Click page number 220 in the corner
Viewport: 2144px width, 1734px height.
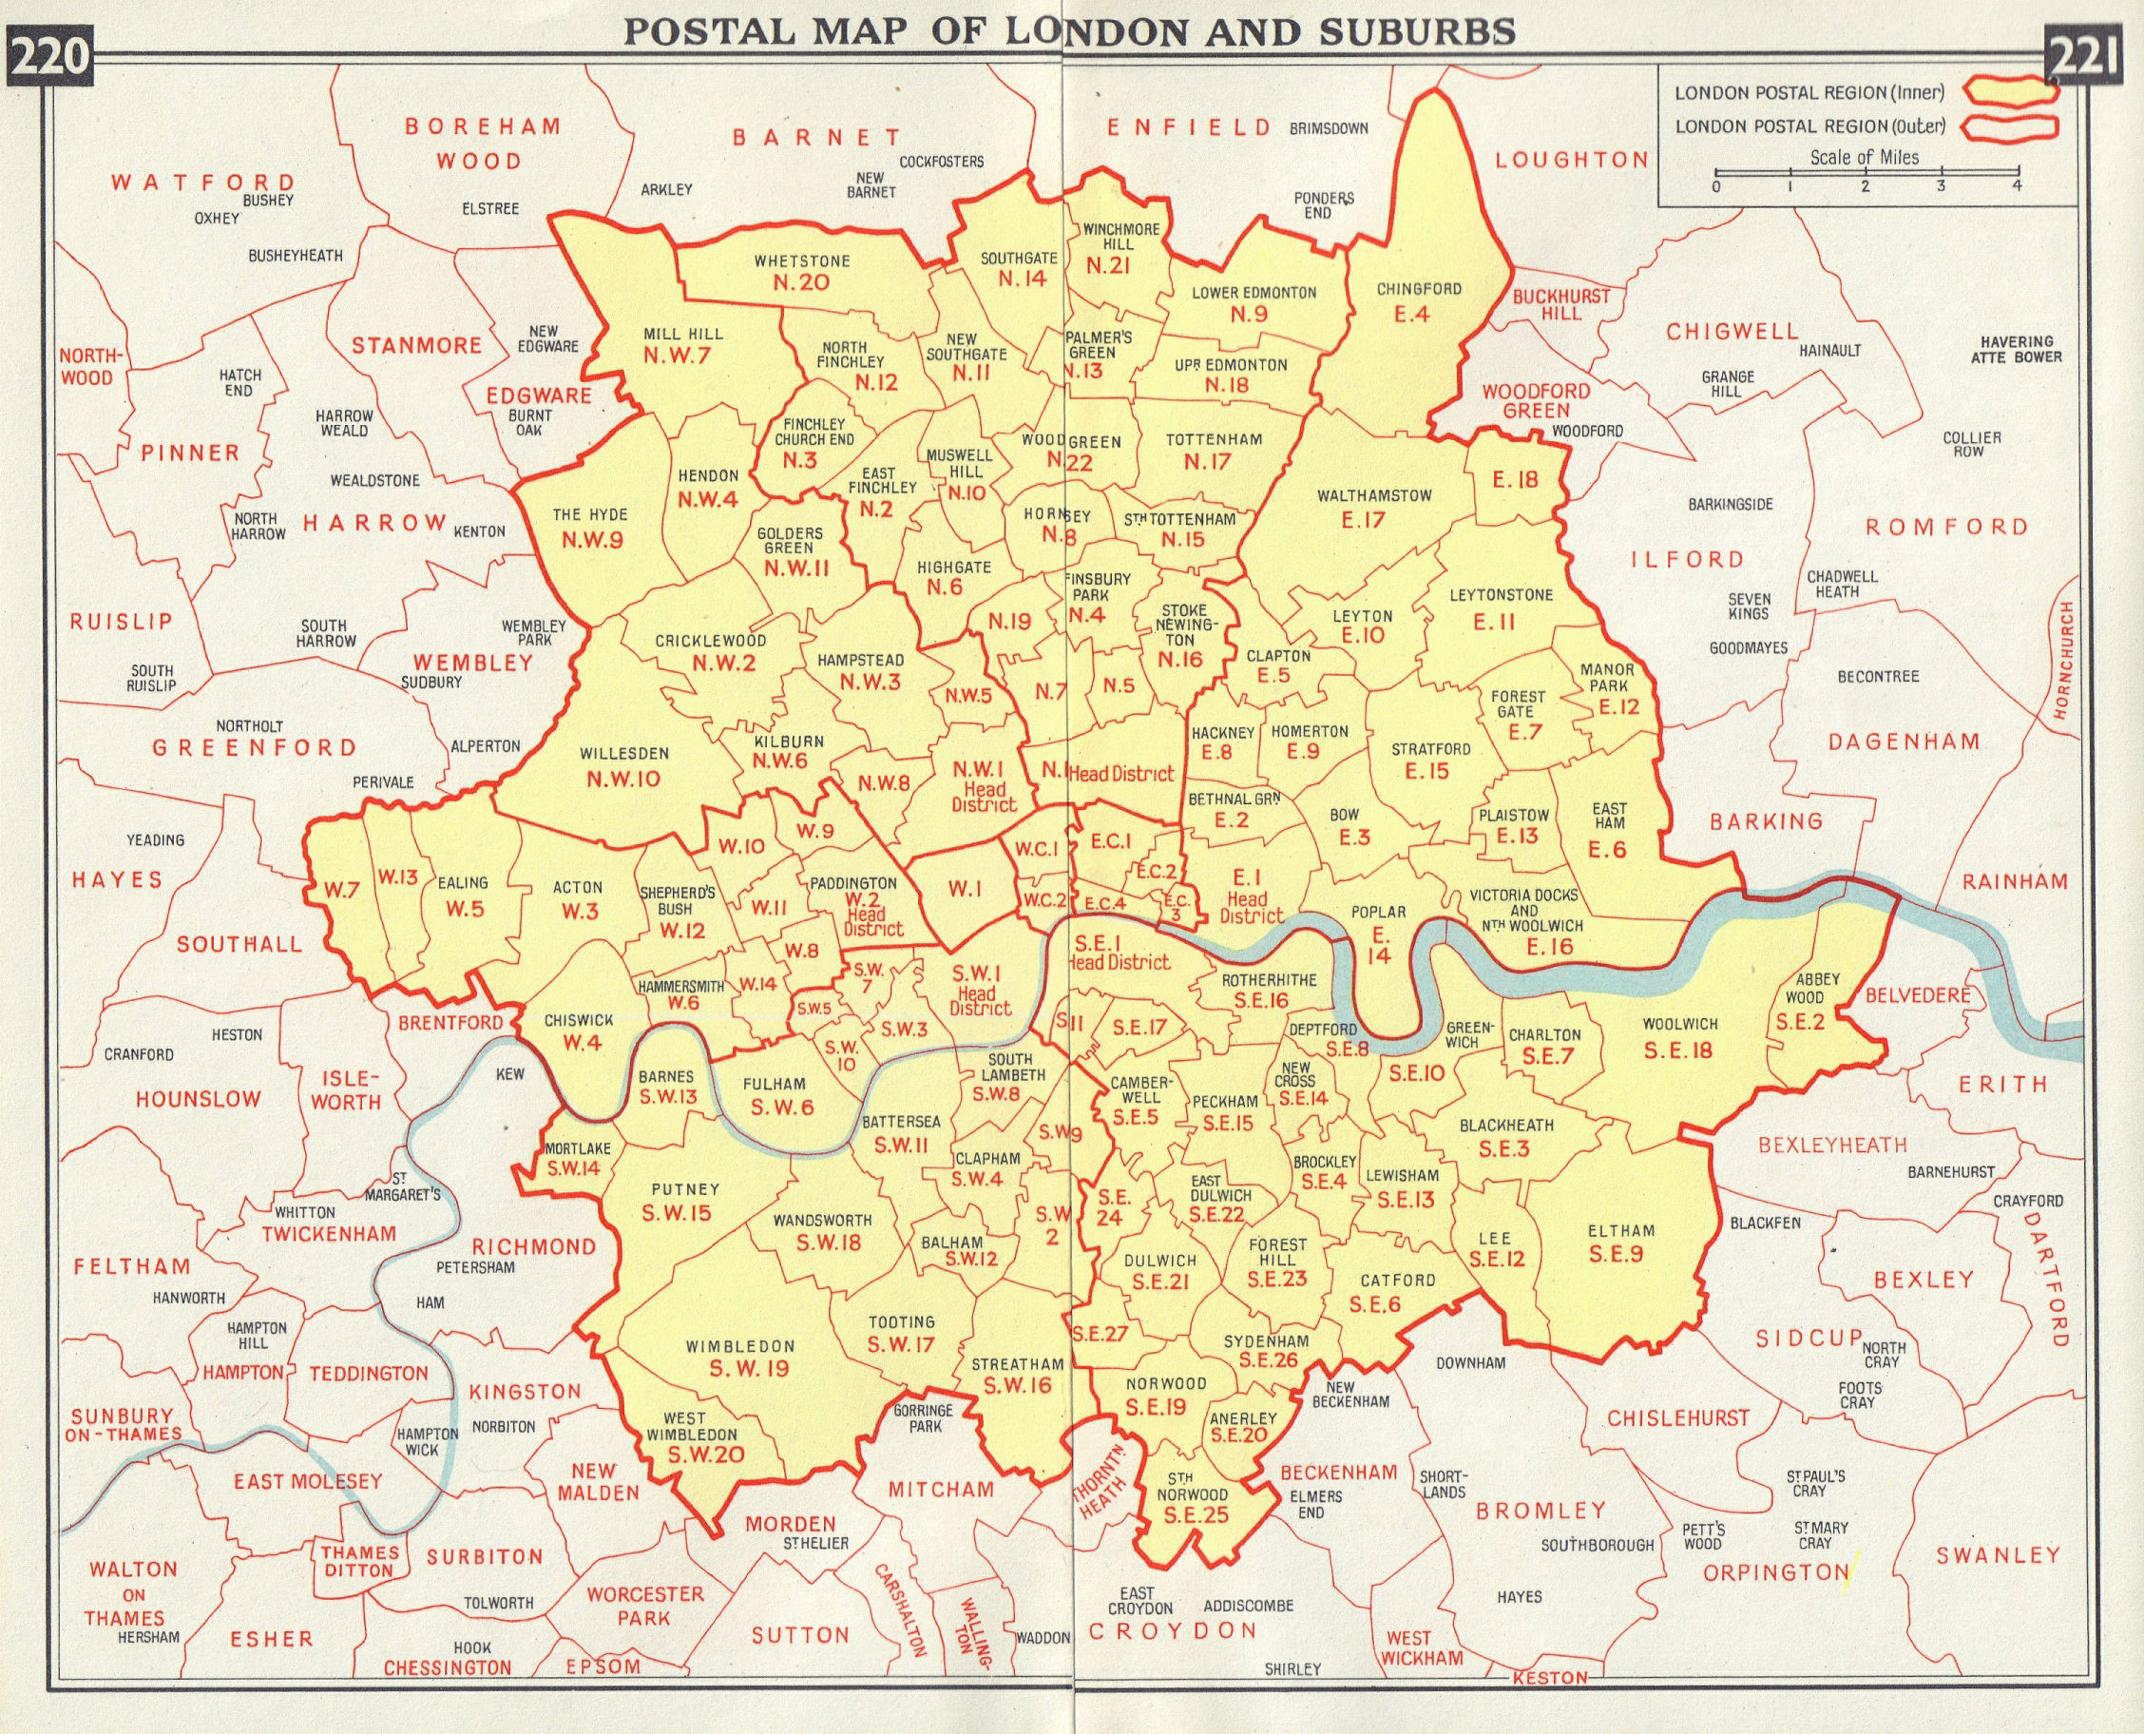48,56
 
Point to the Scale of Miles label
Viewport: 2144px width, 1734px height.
1865,158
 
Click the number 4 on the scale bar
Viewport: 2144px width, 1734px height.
2019,186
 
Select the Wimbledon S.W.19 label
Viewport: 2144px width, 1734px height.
740,1358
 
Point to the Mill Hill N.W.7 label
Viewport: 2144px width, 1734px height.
683,344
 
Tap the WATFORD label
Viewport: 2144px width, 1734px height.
202,183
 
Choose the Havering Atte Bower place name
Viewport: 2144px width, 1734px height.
2017,350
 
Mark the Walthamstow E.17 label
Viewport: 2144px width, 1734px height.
1373,508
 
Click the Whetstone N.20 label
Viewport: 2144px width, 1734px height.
802,272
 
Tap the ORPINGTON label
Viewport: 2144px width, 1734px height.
1776,1573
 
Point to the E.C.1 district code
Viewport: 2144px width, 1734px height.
1110,841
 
